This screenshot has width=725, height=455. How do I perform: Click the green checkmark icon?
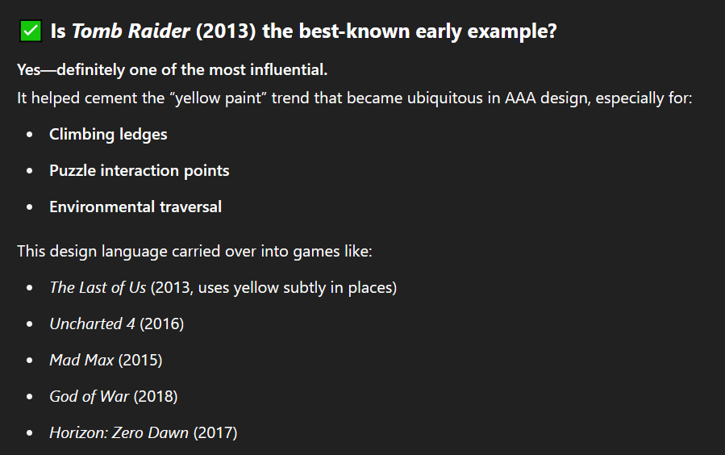point(31,31)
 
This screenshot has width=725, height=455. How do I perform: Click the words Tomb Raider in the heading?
point(131,31)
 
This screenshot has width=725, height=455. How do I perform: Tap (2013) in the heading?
point(226,31)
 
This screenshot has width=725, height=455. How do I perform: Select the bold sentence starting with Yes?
point(172,69)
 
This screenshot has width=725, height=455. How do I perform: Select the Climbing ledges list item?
point(108,134)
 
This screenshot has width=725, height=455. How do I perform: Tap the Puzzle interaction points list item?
point(140,171)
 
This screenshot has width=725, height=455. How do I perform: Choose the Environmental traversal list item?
point(135,207)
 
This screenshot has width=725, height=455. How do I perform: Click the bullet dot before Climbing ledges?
point(30,135)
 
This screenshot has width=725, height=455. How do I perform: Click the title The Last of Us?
point(98,288)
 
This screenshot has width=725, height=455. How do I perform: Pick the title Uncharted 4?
point(93,324)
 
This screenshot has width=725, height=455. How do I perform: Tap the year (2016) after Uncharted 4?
point(162,324)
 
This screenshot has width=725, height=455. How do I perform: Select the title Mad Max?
point(81,360)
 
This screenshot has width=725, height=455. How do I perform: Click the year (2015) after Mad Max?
point(140,360)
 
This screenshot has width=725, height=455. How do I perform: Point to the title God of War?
point(90,396)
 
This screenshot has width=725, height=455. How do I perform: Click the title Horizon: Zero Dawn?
point(119,432)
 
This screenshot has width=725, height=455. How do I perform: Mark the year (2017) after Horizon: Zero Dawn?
point(215,432)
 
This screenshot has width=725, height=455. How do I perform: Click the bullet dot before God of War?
point(30,397)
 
